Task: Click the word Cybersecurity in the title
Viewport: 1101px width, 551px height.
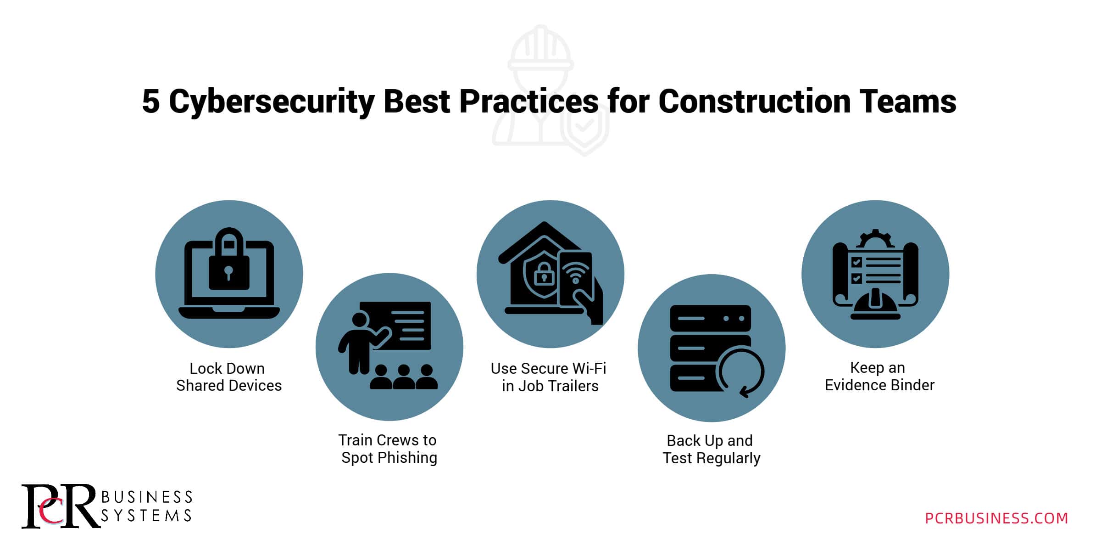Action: [x=272, y=102]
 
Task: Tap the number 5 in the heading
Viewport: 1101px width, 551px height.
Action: [x=150, y=101]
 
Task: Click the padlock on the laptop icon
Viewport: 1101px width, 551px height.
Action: [x=229, y=259]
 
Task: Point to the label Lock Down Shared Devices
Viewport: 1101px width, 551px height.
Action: [x=228, y=377]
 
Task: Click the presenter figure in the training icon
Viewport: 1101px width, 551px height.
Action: [x=362, y=342]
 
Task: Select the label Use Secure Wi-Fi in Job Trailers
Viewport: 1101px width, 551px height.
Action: [x=549, y=377]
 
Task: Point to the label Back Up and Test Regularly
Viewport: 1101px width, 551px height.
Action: [x=711, y=449]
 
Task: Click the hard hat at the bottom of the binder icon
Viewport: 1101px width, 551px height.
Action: [x=875, y=304]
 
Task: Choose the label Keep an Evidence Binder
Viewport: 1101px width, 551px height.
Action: [x=879, y=377]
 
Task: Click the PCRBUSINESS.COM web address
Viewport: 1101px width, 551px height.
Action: [x=996, y=518]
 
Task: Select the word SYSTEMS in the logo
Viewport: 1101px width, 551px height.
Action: [x=146, y=516]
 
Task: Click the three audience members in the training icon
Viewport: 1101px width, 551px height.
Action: [x=404, y=377]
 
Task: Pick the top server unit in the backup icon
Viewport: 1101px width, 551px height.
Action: [x=710, y=318]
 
